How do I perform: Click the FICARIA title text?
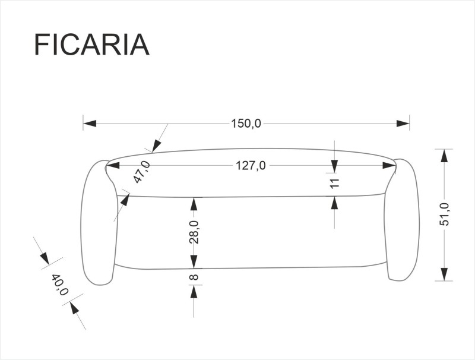tap(91, 45)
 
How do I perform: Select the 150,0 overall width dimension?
tap(246, 124)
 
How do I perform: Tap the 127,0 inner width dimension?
tap(251, 166)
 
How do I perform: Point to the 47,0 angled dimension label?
tap(141, 172)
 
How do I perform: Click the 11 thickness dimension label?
tap(334, 184)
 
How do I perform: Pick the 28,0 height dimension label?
tap(194, 232)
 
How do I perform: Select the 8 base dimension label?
tap(194, 277)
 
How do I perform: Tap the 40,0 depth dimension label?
tap(60, 285)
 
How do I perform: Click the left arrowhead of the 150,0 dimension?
tap(90, 124)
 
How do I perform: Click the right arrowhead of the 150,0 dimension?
tap(403, 124)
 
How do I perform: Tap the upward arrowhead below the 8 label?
tap(194, 292)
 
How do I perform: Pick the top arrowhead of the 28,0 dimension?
tap(194, 204)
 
